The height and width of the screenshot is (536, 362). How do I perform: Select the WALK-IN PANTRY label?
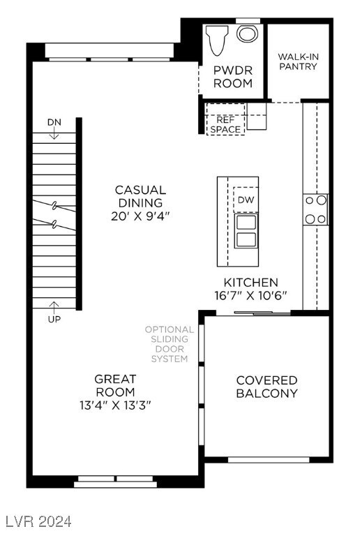click(x=297, y=61)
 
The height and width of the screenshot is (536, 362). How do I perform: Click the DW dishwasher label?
click(x=245, y=200)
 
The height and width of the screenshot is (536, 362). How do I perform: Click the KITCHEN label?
click(x=250, y=282)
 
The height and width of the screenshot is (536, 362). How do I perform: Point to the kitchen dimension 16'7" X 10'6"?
click(x=250, y=295)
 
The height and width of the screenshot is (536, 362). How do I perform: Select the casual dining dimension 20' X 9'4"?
click(x=140, y=216)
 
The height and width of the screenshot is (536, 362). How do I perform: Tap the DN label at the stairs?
click(x=54, y=122)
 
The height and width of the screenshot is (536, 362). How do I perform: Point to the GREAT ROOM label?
click(x=115, y=385)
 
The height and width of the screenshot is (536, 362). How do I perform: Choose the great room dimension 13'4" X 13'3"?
click(x=115, y=405)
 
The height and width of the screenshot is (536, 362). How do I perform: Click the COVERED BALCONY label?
click(x=266, y=387)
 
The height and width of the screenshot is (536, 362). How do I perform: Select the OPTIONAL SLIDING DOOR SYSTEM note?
click(x=169, y=344)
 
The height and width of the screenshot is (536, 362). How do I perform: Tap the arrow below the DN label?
click(x=54, y=134)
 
